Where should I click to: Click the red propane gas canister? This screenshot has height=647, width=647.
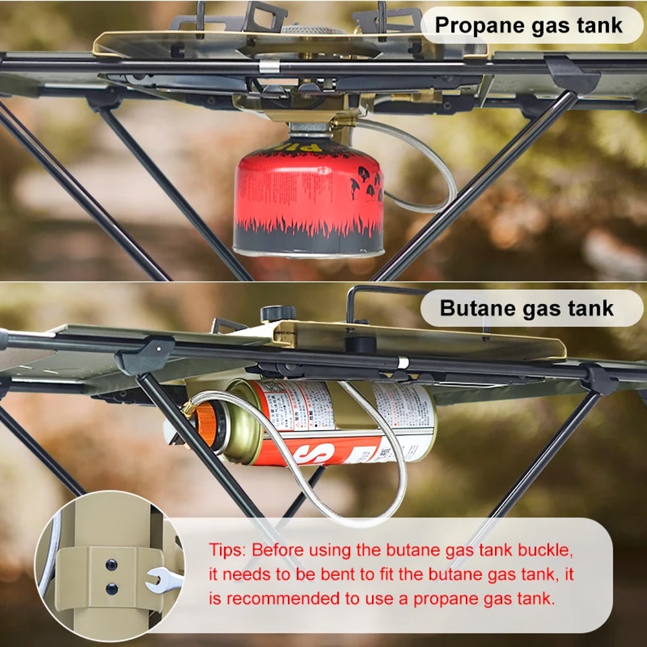point(308,194)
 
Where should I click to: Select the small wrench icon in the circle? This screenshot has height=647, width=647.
point(162,580)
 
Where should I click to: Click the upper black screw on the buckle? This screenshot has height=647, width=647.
point(112,565)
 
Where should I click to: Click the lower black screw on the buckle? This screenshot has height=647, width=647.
point(112,588)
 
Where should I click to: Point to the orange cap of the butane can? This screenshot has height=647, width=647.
point(206,424)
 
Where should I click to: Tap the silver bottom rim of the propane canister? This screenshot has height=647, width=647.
point(309,252)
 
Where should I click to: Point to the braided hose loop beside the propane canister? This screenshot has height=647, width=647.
point(427,175)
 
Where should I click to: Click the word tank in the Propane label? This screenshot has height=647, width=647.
point(600,25)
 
